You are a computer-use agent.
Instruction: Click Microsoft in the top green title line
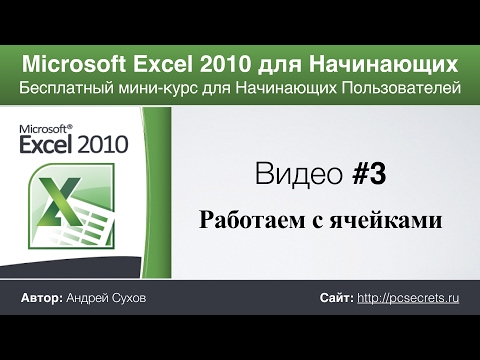(70, 65)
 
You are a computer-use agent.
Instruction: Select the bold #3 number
(369, 176)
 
